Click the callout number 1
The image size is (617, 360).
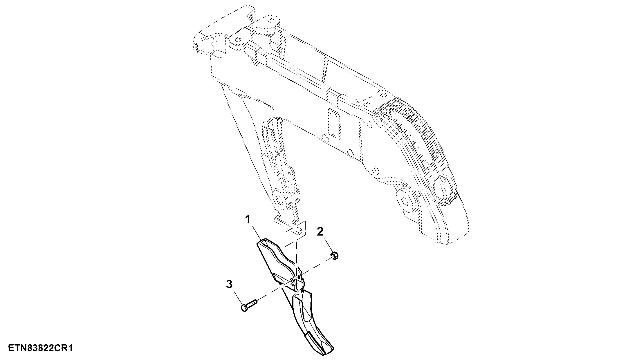[x=248, y=220]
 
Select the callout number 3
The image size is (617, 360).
[x=229, y=284]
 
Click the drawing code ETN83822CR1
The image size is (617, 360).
[x=40, y=348]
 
